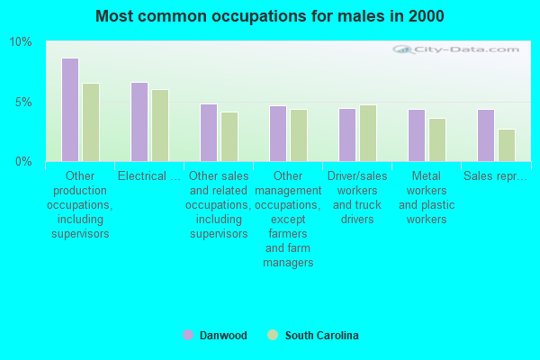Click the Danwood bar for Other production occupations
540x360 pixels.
coord(70,110)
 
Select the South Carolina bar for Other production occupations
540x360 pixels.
coord(91,122)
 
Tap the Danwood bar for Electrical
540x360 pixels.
coord(139,121)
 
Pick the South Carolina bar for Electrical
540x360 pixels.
coord(160,125)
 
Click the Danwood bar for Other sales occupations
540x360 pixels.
coord(209,132)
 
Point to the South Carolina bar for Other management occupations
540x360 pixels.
coord(299,135)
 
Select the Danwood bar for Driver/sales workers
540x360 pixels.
coord(347,135)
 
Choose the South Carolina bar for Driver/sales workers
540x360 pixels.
coord(368,133)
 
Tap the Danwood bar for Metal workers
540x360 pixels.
coord(417,135)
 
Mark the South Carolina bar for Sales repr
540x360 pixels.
coord(507,145)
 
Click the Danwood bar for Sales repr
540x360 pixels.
coord(486,135)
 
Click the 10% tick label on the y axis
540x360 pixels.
coord(21,42)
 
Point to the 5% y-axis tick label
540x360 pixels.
coord(23,102)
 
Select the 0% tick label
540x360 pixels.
coord(23,161)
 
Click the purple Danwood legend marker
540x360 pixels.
coord(188,336)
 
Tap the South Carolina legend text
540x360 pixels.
coord(321,336)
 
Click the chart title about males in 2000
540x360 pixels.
coord(270,16)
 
